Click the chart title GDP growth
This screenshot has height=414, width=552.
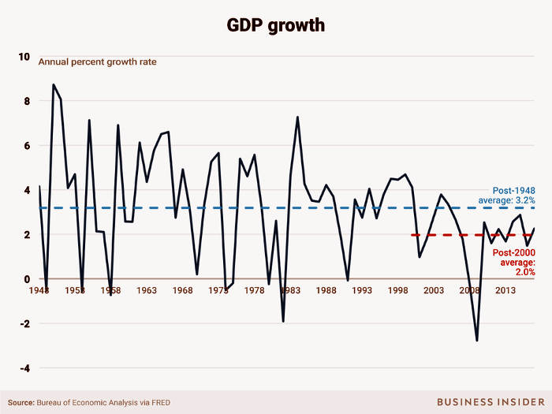click(x=276, y=24)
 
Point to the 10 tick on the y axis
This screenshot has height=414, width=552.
click(x=24, y=57)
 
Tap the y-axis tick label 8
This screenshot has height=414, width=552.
click(x=26, y=101)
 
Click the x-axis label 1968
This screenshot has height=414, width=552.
click(x=182, y=291)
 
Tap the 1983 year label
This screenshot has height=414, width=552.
click(x=290, y=291)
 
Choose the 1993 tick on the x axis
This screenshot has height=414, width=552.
click(x=362, y=291)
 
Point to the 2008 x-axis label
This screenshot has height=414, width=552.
click(x=469, y=291)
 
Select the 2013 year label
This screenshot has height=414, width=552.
click(x=505, y=291)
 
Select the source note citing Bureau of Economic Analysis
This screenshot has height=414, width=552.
click(x=90, y=402)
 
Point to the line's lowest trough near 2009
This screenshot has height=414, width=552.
click(x=477, y=341)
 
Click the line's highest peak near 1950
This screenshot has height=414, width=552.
click(x=53, y=84)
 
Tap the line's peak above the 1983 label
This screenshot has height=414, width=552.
click(x=297, y=117)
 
